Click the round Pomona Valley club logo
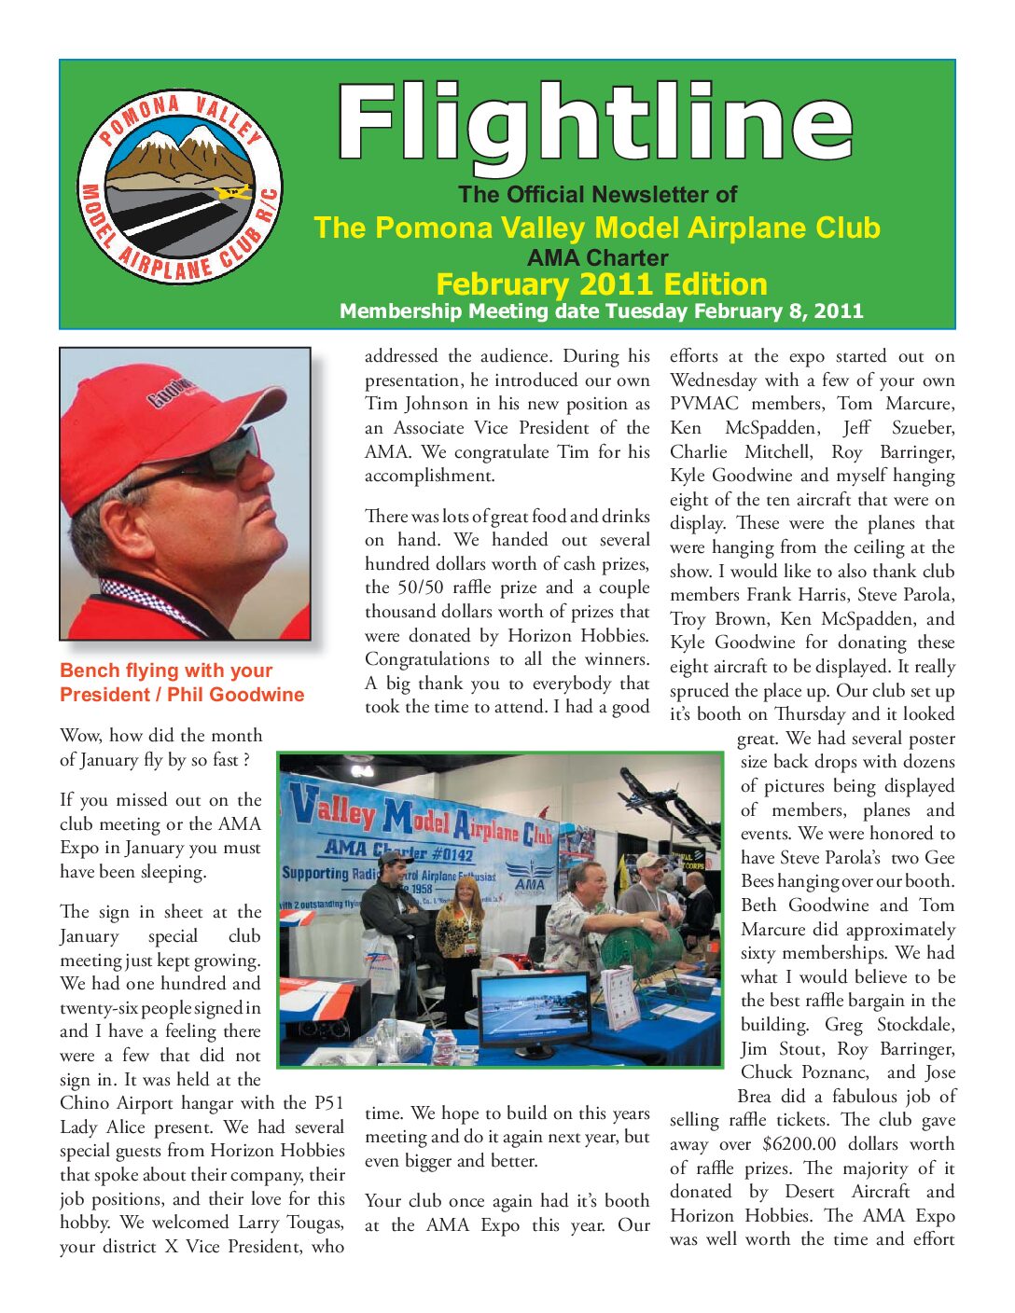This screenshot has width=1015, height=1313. click(179, 187)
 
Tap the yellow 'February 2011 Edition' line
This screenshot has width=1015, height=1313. click(601, 283)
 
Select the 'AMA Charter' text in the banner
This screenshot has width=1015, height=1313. click(597, 257)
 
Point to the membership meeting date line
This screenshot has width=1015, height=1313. click(601, 311)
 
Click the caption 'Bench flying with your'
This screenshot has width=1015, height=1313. click(166, 670)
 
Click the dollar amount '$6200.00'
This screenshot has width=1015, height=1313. click(799, 1144)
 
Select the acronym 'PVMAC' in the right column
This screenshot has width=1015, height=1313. click(703, 404)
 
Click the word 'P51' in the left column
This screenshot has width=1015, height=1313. click(329, 1103)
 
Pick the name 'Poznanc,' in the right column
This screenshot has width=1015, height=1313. click(832, 1072)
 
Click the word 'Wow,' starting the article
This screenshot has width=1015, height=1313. click(80, 736)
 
